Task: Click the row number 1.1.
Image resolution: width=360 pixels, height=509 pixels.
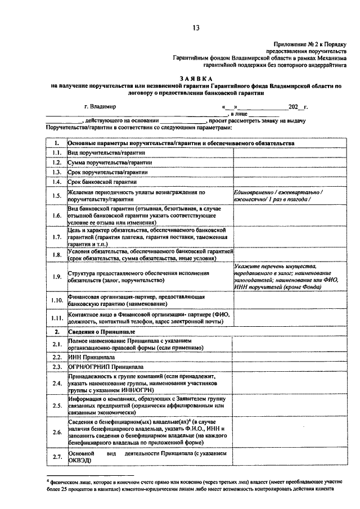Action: coord(56,153)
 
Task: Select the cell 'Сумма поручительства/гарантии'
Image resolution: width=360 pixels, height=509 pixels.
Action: coord(102,163)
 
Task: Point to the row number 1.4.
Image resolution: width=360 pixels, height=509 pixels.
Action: coord(56,182)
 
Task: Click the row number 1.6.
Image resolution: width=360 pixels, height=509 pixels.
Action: coord(56,215)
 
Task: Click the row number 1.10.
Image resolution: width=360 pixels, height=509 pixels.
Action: coord(56,300)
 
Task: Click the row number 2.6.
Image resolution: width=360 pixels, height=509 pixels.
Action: coord(56,432)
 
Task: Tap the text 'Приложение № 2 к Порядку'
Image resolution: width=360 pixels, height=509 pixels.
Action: coord(310,43)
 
